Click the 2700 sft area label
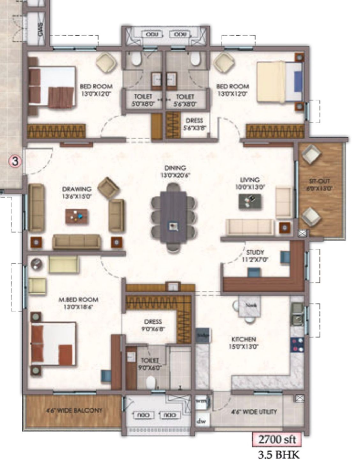tap(277, 440)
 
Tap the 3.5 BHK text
tap(277, 455)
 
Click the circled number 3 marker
tap(15, 162)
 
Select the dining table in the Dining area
tap(173, 216)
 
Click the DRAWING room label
tap(77, 192)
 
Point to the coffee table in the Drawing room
tap(77, 216)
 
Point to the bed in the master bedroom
tap(53, 343)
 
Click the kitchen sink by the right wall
tap(298, 315)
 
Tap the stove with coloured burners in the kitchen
tap(297, 345)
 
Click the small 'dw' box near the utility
tap(201, 421)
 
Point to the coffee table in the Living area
tap(250, 202)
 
